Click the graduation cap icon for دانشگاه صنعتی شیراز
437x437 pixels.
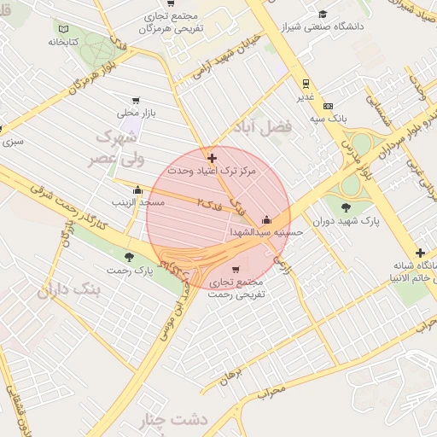pyautogui.click(x=323, y=15)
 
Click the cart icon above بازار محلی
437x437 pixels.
pyautogui.click(x=135, y=101)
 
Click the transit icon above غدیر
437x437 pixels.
pyautogui.click(x=305, y=84)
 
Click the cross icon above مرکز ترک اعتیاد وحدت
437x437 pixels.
pyautogui.click(x=212, y=158)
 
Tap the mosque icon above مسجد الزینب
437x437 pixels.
pyautogui.click(x=137, y=189)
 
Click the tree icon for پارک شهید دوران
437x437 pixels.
pyautogui.click(x=345, y=207)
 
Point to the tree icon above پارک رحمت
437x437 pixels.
pyautogui.click(x=130, y=256)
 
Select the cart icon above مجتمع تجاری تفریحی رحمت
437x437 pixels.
pyautogui.click(x=236, y=269)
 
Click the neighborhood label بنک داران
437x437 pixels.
pyautogui.click(x=68, y=291)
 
